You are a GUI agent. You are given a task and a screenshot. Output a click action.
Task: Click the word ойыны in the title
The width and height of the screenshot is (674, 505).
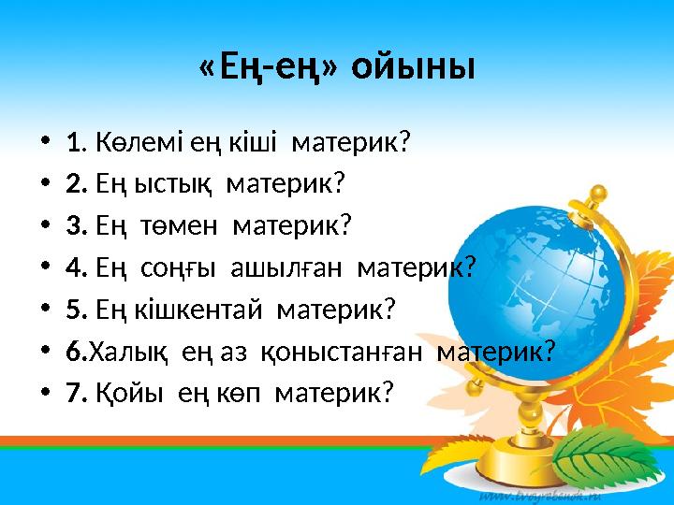coord(413,67)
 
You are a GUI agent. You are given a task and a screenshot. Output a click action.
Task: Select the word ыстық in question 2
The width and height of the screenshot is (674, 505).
coord(173,184)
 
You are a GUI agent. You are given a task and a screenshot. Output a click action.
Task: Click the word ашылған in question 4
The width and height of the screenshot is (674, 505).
coord(286,268)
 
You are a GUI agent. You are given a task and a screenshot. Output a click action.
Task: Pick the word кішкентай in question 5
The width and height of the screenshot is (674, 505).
coord(198,310)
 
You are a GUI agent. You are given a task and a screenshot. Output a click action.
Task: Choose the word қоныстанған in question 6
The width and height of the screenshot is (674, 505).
coord(342,353)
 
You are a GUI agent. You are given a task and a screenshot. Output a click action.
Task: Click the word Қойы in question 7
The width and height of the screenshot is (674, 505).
coord(129,393)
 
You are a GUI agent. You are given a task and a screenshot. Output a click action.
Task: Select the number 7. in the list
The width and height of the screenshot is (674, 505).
coord(78,393)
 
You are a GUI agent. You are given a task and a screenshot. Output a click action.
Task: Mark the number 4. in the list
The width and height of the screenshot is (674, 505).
coord(78,267)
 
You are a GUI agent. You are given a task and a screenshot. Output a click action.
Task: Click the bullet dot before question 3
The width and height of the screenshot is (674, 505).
coord(45,226)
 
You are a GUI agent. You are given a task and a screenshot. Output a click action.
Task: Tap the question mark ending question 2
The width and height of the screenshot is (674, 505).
coord(339,183)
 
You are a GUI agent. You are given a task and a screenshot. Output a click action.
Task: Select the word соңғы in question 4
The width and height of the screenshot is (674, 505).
coord(178,268)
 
